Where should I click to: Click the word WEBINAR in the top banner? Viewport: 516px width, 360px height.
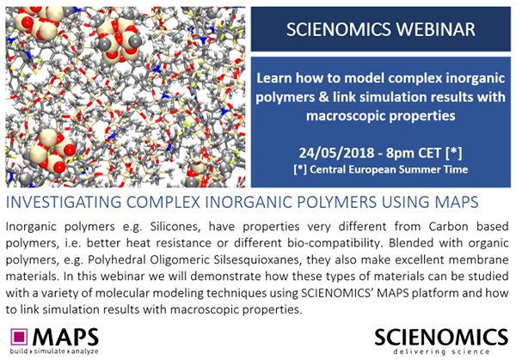click(x=436, y=29)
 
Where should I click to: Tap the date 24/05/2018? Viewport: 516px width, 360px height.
click(x=336, y=153)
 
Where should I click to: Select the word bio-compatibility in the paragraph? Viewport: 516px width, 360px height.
click(x=335, y=243)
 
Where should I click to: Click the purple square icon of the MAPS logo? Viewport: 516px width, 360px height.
click(x=19, y=338)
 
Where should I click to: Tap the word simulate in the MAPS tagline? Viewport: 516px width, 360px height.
click(x=49, y=351)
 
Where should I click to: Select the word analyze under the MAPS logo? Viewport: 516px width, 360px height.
click(x=83, y=351)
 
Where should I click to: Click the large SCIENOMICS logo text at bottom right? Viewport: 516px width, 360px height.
click(x=441, y=336)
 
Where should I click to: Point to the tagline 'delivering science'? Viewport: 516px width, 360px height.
click(x=441, y=351)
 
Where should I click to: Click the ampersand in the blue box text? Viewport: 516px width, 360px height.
click(x=323, y=97)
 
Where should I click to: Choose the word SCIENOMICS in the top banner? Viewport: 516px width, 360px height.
click(x=339, y=29)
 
